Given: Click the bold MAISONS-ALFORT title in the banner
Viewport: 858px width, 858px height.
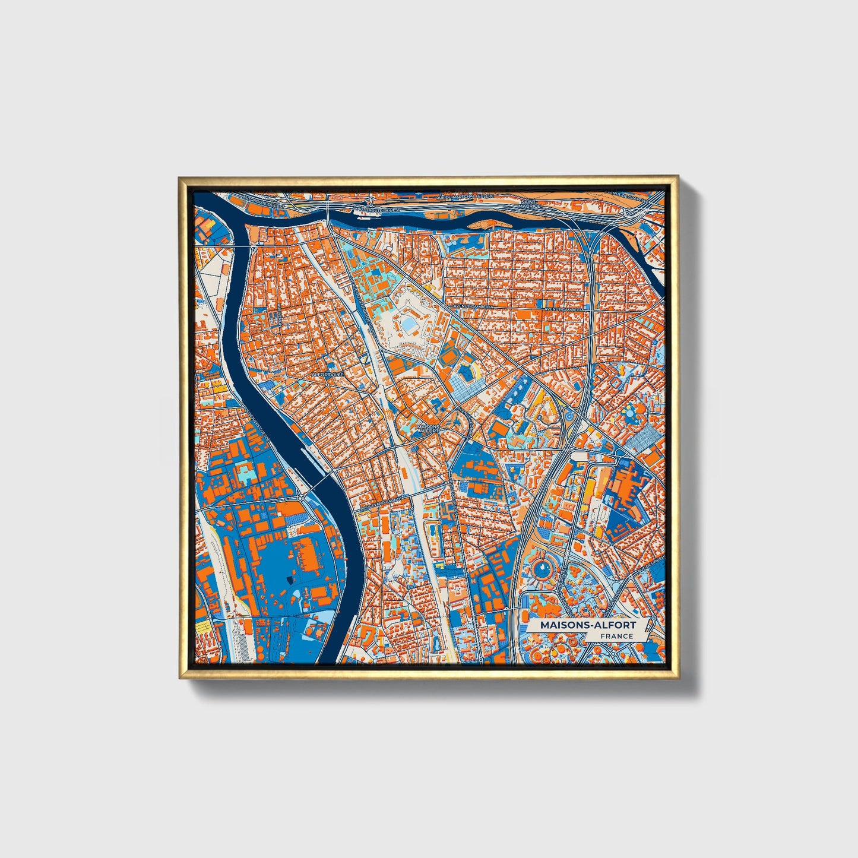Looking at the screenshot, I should (x=587, y=625).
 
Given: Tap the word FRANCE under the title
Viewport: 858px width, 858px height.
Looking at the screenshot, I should (x=616, y=636).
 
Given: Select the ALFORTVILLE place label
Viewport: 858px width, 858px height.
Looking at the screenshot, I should (x=327, y=375).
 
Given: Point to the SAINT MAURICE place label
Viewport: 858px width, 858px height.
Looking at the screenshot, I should (x=530, y=204).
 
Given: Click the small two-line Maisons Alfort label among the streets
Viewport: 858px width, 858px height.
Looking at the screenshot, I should (x=429, y=428).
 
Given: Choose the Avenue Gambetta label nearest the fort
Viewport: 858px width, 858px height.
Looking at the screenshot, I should (x=473, y=306).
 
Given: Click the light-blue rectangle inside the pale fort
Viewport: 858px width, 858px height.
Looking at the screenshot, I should (x=409, y=325).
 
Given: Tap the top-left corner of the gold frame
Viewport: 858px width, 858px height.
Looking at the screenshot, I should (x=180, y=177).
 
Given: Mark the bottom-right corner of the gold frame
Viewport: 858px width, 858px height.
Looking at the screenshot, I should (x=677, y=677).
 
